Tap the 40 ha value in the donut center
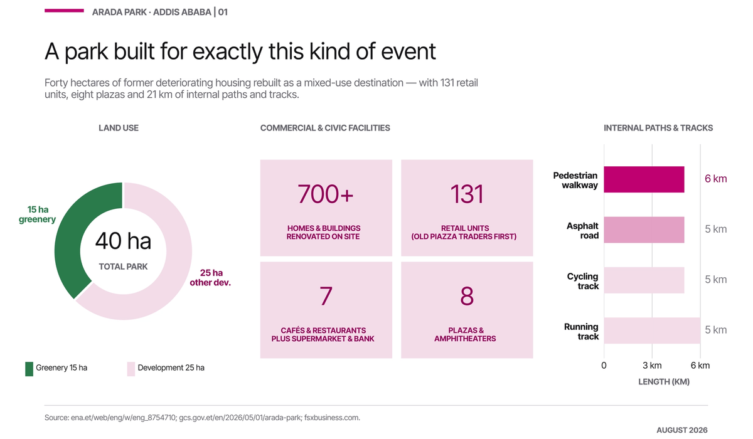click(123, 241)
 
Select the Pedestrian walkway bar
click(644, 179)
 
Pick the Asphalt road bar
click(644, 230)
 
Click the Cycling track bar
click(644, 280)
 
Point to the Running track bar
click(652, 331)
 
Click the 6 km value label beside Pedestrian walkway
click(716, 179)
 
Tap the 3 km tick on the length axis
click(652, 366)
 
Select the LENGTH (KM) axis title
click(664, 382)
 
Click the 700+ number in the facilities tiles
click(326, 194)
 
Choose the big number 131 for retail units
click(467, 194)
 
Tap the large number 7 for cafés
click(326, 296)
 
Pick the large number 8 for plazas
click(467, 296)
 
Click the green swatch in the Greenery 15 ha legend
click(29, 369)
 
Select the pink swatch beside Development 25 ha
click(131, 369)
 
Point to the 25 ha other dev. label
click(210, 277)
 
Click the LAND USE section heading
click(119, 128)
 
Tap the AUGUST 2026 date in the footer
click(682, 430)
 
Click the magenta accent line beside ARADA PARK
click(64, 11)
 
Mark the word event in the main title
click(409, 51)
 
